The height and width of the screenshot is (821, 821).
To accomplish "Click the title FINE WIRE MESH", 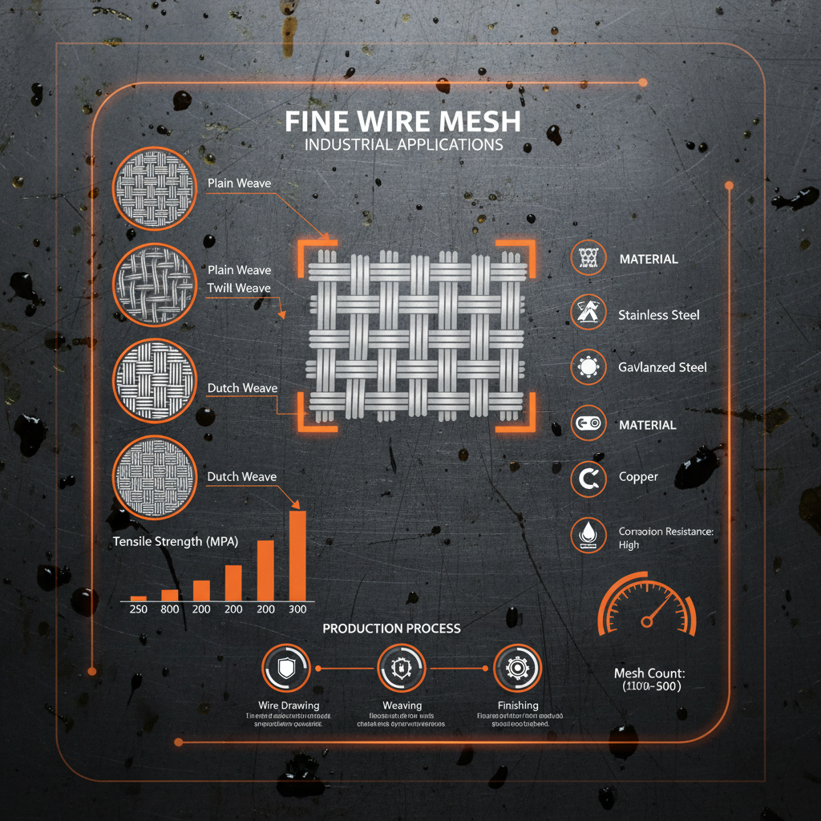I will pos(402,122).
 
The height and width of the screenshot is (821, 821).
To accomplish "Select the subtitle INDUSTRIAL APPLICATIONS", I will pos(403,145).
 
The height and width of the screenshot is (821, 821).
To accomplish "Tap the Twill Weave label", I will pos(239,288).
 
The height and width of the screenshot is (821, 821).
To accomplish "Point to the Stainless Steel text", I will pos(658,315).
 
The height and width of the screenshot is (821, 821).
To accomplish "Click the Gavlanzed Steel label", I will pos(662,367).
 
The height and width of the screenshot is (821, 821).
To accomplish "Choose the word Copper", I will pos(638,477).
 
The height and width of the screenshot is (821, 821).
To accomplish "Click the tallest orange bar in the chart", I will pos(297,555).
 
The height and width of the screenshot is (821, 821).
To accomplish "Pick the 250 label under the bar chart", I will pos(138,609).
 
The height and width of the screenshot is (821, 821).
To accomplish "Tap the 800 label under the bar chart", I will pos(169,609).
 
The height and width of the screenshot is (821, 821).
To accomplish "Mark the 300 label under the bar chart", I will pos(297,609).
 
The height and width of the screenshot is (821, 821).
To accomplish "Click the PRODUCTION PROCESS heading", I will pos(391,628).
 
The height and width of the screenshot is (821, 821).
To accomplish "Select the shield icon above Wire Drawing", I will pos(285,667).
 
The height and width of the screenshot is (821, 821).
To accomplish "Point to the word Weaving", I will pos(402,705).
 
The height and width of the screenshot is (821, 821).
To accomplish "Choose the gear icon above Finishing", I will pos(517,667).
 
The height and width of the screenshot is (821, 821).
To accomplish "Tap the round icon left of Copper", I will pos(588,479).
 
